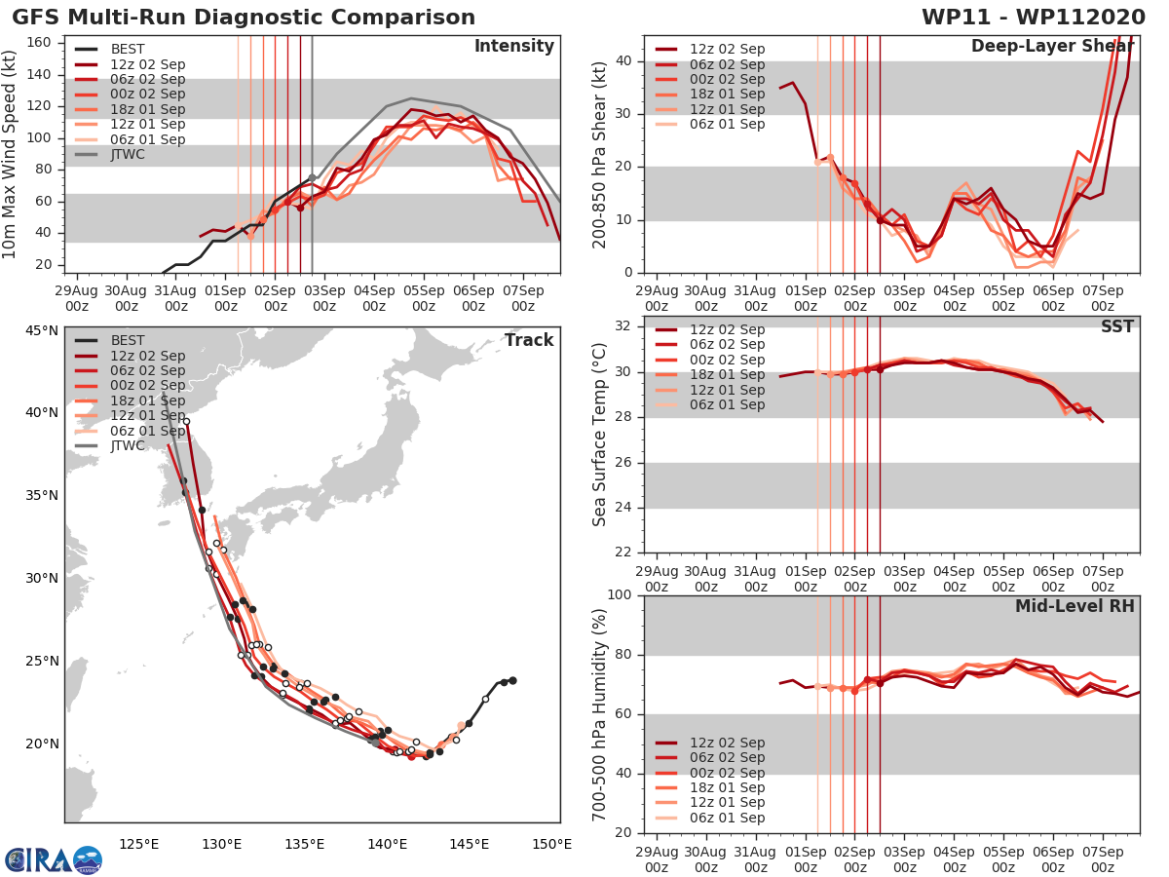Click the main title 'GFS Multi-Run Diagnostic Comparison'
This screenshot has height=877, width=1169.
[244, 18]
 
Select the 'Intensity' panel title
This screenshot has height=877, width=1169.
[513, 47]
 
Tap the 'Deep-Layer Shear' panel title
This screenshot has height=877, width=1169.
[1052, 47]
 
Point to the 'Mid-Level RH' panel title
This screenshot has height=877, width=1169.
[1075, 606]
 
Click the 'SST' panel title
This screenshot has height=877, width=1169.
[1117, 326]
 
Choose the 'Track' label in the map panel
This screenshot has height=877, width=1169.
[529, 340]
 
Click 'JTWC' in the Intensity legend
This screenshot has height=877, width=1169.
[128, 154]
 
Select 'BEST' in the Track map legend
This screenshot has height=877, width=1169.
[128, 340]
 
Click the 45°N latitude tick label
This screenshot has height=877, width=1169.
[41, 329]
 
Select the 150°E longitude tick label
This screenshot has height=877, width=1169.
[553, 844]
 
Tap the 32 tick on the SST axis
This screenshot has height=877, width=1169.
[622, 326]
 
